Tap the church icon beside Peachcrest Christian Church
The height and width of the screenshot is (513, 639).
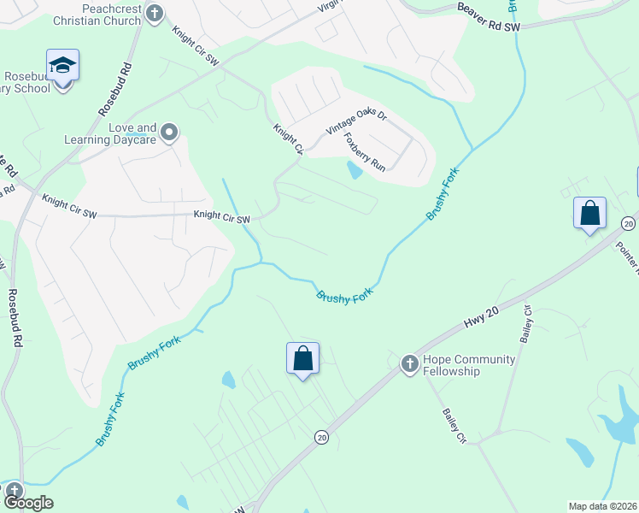[x=154, y=13]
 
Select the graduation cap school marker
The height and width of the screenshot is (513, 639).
[x=62, y=66]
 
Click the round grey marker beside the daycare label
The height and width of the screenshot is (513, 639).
[x=169, y=132]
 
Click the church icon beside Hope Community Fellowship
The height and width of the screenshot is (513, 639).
[x=409, y=364]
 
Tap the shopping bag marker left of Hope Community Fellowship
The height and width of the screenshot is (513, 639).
[x=302, y=357]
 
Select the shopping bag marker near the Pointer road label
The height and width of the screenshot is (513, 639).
[x=589, y=213]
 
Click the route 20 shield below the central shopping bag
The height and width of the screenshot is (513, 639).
[x=320, y=437]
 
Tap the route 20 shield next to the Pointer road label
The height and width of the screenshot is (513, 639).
[x=629, y=223]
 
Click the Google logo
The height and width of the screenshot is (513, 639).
[x=29, y=503]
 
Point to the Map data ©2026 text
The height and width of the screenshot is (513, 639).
[x=602, y=506]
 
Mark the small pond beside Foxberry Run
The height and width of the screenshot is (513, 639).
[x=354, y=170]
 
